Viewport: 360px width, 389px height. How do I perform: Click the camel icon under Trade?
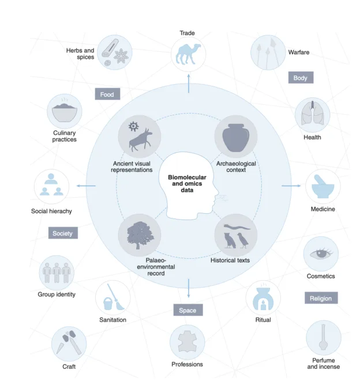(x=187, y=54)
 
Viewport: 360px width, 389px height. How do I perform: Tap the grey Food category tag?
(x=107, y=94)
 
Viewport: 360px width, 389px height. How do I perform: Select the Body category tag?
(x=301, y=78)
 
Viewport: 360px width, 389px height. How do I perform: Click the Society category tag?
(x=63, y=233)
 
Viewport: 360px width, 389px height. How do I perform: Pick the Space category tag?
(x=188, y=310)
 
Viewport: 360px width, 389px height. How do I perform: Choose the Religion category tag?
(x=321, y=298)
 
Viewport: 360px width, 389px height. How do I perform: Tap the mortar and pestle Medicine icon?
(x=322, y=186)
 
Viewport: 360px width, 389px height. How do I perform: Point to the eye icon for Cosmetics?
(x=321, y=254)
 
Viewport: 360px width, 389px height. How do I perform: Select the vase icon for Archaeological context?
(x=235, y=137)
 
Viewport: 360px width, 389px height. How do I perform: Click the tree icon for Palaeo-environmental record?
(x=140, y=235)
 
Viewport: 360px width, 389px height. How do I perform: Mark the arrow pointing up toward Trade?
(x=189, y=84)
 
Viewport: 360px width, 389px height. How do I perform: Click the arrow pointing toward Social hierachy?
(x=86, y=186)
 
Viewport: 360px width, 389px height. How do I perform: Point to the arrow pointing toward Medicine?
(x=291, y=186)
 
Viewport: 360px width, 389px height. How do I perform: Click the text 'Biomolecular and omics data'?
(x=187, y=184)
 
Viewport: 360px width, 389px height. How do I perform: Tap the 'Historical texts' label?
(x=230, y=260)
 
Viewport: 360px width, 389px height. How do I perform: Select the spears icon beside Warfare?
(x=267, y=52)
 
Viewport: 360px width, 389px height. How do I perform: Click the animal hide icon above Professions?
(x=187, y=342)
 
